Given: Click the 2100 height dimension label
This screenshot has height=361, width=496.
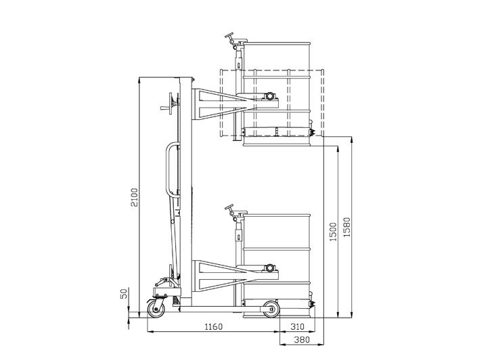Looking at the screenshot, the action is [x=135, y=197].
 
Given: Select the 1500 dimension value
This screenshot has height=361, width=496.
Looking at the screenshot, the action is [x=334, y=232].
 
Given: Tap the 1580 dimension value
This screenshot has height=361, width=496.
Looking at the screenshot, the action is [x=347, y=227].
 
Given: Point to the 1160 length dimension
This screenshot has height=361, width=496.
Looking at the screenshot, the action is [x=214, y=326].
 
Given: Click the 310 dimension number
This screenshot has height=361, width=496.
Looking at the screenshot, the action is [x=297, y=326].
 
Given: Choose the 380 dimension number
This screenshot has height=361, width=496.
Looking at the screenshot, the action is [x=302, y=340].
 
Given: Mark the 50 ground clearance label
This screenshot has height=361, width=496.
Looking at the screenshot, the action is [x=124, y=293].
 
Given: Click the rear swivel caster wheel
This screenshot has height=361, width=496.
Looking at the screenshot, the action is [x=156, y=308].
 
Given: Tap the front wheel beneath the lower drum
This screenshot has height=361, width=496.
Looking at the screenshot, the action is [x=271, y=309].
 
